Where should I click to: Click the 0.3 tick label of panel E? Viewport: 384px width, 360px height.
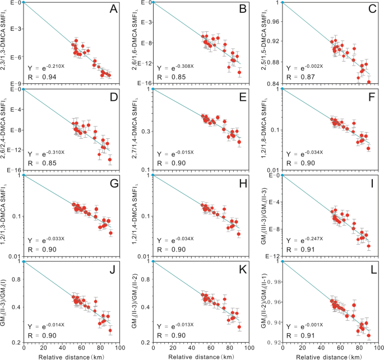[x=145, y=132]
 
